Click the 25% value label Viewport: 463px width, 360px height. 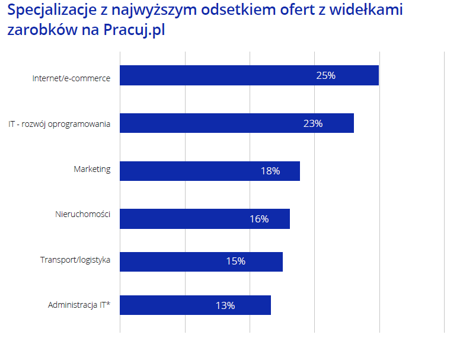click(x=326, y=75)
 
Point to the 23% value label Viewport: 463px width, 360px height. click(x=312, y=123)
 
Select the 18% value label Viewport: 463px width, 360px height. click(x=270, y=171)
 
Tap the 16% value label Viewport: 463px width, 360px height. click(x=259, y=219)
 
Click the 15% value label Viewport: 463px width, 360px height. click(x=235, y=262)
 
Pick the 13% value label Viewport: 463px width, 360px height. click(x=225, y=305)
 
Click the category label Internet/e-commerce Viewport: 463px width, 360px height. click(x=71, y=78)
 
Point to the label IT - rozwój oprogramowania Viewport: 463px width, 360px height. click(x=59, y=125)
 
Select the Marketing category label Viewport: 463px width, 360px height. click(x=92, y=169)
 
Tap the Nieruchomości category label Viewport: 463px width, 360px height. click(x=82, y=214)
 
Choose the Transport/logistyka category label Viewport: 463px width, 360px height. click(x=75, y=259)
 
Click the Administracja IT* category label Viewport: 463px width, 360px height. click(x=79, y=305)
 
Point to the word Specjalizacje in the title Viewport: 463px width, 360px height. click(x=52, y=11)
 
